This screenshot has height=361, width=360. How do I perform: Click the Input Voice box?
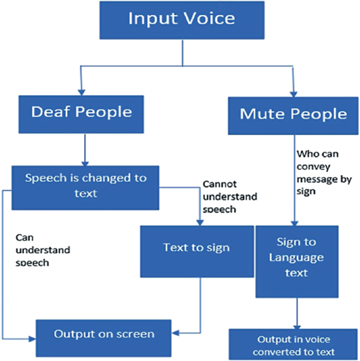pos(181,19)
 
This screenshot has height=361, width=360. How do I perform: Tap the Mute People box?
pos(293,114)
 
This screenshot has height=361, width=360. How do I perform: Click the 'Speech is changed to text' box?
pos(85,185)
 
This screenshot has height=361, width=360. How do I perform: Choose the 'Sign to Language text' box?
pos(296,257)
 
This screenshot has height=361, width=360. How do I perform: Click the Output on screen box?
pos(103,334)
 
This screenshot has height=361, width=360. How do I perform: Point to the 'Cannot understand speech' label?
pos(230,197)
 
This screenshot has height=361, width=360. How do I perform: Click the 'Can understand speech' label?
pos(42,249)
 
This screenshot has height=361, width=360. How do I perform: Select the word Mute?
pos(261,114)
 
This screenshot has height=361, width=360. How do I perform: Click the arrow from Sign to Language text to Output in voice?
pos(297,313)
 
